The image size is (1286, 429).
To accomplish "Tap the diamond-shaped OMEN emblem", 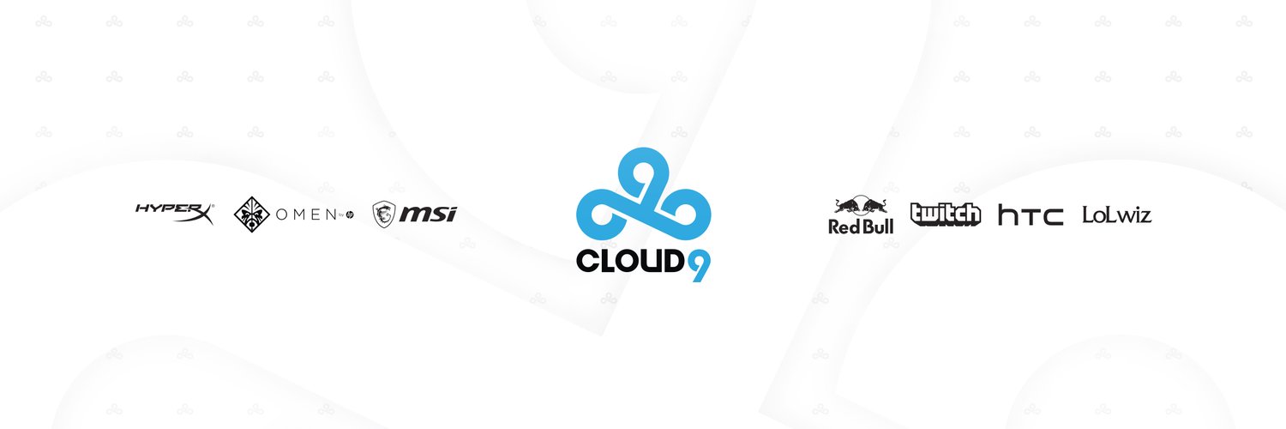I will [x=252, y=214].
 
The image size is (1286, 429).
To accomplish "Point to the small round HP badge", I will [x=349, y=214].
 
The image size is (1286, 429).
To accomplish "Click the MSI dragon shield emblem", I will [x=383, y=214].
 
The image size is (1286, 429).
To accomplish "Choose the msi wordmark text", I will [x=430, y=214].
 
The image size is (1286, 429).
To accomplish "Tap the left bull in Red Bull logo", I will [x=846, y=206].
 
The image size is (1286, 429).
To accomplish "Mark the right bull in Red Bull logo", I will [x=875, y=206].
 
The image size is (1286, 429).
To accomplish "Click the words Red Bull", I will [x=861, y=227].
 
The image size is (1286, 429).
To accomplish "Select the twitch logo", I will [x=945, y=214].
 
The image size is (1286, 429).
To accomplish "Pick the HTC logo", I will [x=1031, y=215].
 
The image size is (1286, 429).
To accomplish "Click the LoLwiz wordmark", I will [x=1116, y=214].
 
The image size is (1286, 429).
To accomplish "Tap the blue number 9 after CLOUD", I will [x=699, y=264].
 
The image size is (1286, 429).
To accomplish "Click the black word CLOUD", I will [x=630, y=260].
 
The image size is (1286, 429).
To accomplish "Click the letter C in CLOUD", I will [x=588, y=260].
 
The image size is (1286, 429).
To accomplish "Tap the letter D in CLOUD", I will [x=672, y=260].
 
